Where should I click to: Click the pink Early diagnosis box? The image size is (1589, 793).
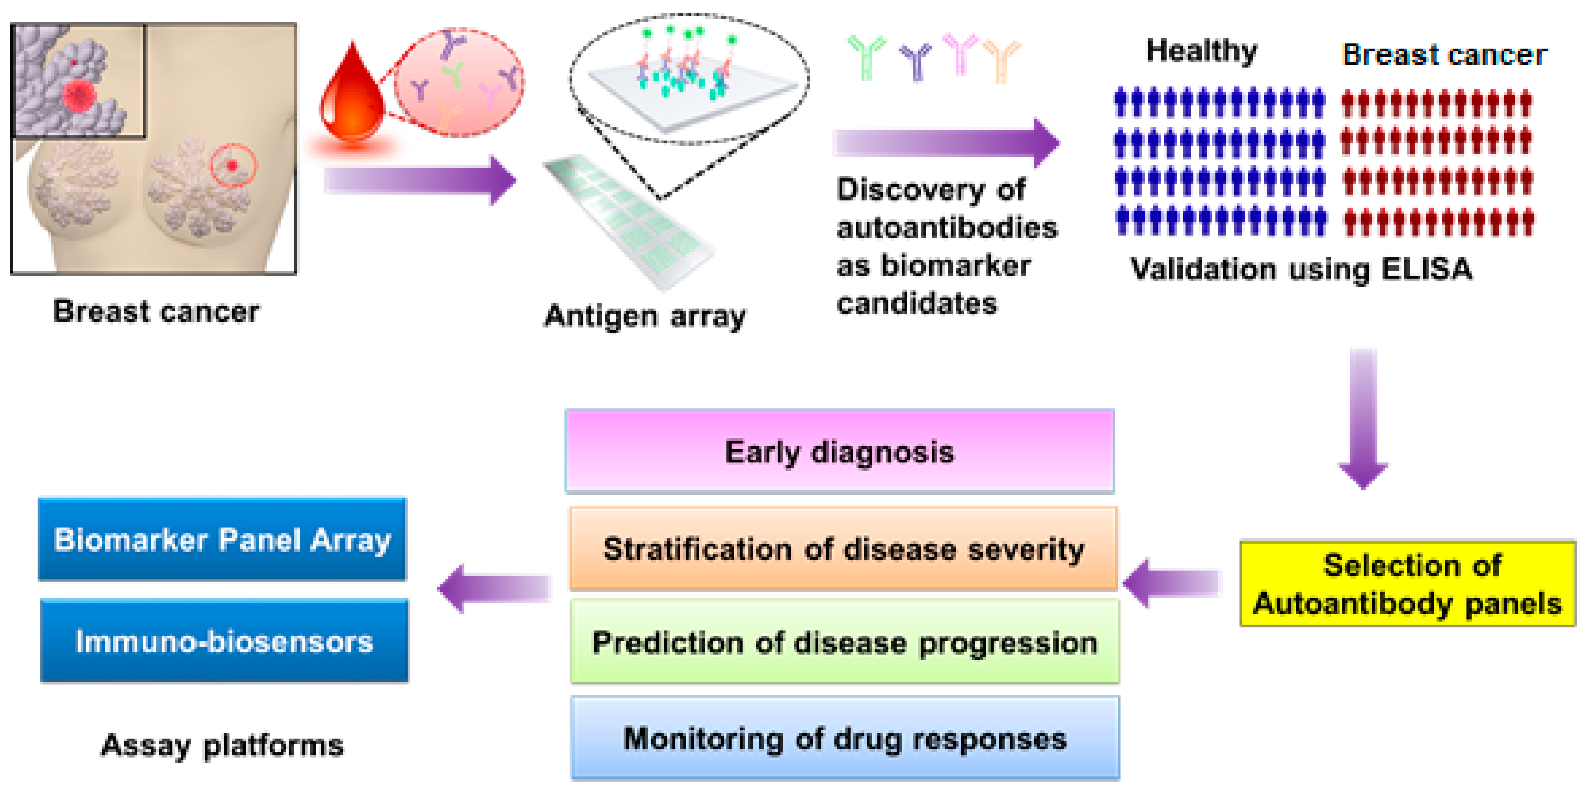839,451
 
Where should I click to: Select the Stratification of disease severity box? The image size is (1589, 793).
842,548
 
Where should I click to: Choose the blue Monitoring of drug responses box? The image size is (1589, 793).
845,738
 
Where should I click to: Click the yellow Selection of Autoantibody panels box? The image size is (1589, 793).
1407,583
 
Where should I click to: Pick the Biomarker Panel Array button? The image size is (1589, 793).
222,539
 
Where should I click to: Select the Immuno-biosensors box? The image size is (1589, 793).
224,641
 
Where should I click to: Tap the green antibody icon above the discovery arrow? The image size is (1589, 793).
866,57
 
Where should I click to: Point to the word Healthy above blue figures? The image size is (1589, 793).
1200,51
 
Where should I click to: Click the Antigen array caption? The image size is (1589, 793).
645,316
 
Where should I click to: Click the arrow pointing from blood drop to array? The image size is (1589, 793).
419,180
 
